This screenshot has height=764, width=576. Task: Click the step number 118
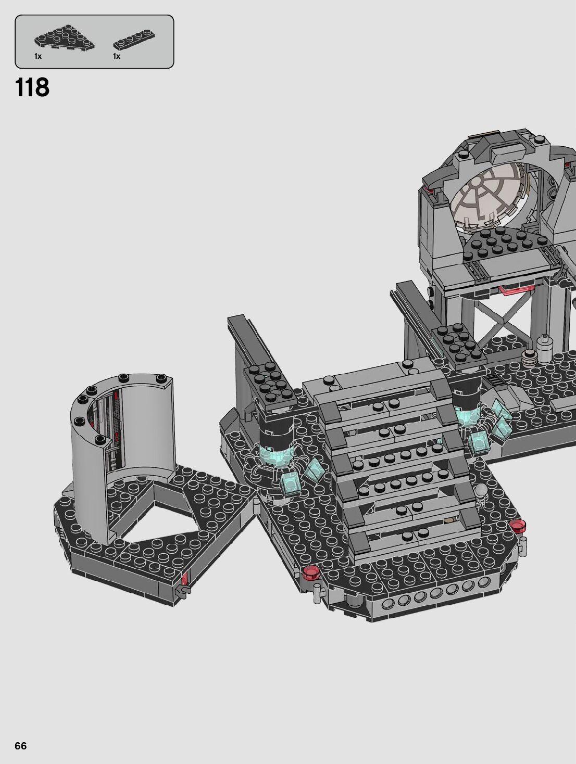(x=32, y=87)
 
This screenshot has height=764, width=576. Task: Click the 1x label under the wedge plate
(x=38, y=56)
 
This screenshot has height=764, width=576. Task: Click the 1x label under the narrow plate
(x=117, y=56)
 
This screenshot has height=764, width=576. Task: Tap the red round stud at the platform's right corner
(x=518, y=536)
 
